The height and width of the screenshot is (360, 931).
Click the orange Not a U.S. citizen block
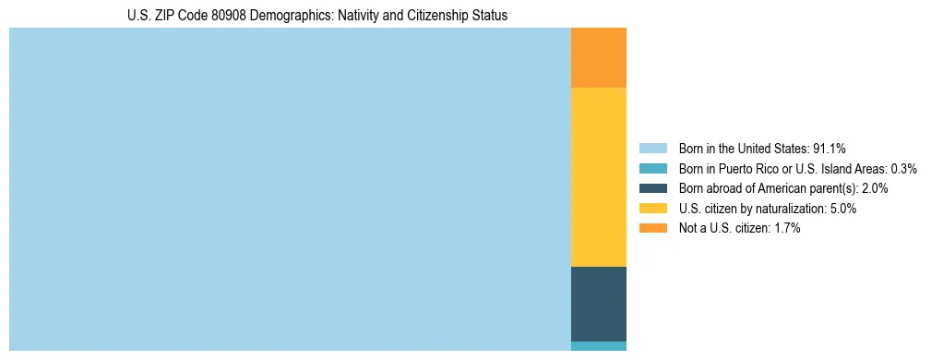599,57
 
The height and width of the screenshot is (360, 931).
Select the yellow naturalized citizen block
599,176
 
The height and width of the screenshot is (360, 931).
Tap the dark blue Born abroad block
599,304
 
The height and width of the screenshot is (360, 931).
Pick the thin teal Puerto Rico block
599,346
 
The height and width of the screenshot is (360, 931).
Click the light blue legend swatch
652,149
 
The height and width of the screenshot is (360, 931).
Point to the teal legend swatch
652,169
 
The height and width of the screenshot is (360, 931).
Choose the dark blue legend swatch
652,188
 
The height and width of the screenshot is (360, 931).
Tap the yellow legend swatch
652,209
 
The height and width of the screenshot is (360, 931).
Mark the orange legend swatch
652,228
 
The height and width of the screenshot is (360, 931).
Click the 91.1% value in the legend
830,149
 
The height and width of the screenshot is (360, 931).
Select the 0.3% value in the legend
903,169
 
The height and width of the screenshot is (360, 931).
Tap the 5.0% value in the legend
843,209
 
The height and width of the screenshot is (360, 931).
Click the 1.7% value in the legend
787,228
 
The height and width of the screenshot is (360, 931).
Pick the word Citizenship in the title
432,16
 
